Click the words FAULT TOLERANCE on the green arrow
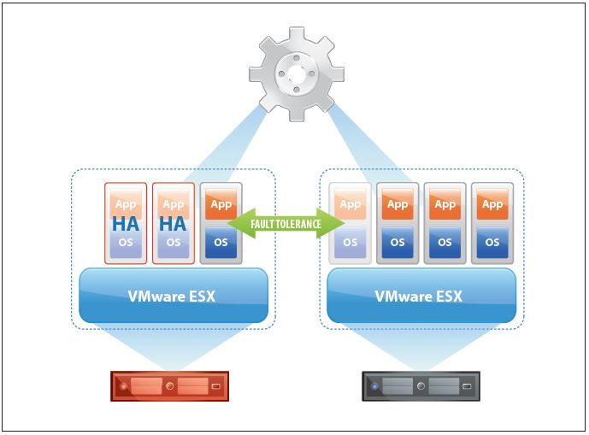[286, 224]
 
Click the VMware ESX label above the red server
[174, 297]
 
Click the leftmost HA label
[126, 224]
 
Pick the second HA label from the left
[174, 224]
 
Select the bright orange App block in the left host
[221, 205]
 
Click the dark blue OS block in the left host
[221, 242]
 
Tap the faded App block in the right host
[350, 205]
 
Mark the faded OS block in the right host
[350, 242]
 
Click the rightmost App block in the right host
[492, 205]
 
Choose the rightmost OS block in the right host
[492, 242]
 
